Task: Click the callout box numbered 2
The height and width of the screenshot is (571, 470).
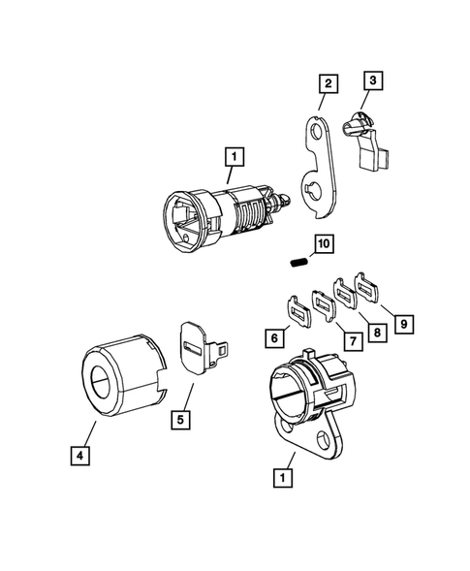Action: point(329,84)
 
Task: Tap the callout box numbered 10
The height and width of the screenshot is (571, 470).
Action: point(322,241)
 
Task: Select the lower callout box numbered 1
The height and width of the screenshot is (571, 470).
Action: point(282,477)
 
